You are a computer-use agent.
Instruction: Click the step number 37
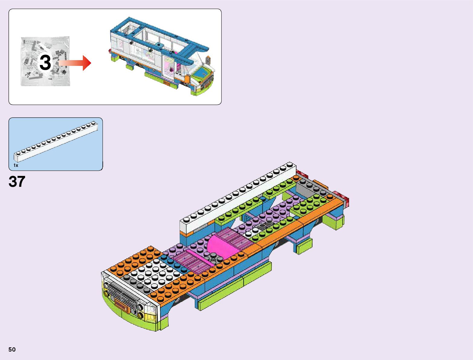[x=17, y=182]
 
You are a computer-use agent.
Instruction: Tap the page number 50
[x=12, y=349]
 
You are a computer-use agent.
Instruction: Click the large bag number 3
[x=45, y=63]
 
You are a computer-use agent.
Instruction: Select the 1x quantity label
[x=16, y=165]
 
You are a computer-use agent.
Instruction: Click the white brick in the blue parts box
[x=56, y=141]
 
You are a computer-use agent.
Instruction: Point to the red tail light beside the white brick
[x=301, y=174]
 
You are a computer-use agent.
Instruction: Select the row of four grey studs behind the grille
[x=134, y=281]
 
